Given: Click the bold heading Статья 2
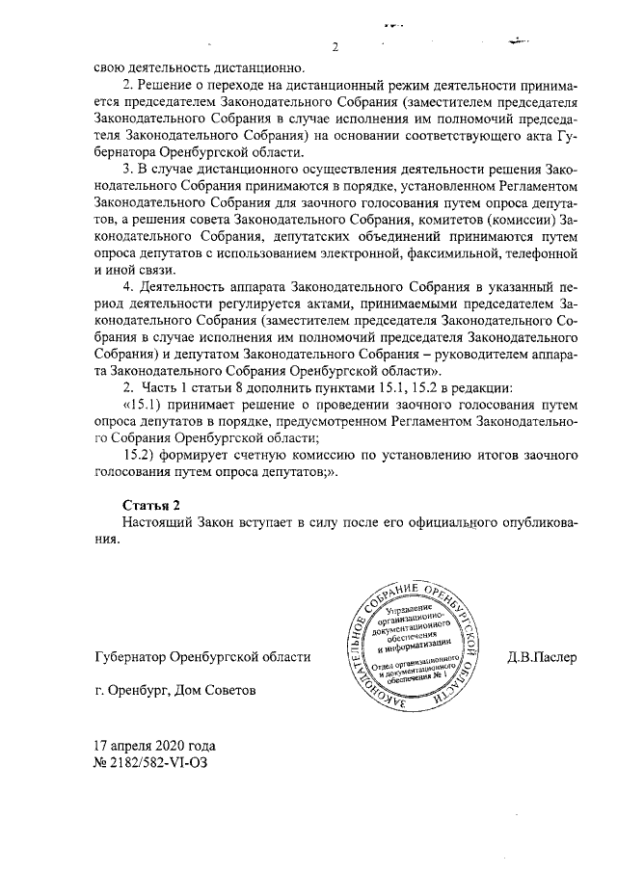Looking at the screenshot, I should click(x=153, y=506).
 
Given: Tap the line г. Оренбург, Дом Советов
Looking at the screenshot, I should click(x=175, y=692).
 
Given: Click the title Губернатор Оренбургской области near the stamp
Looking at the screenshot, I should click(x=201, y=657).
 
